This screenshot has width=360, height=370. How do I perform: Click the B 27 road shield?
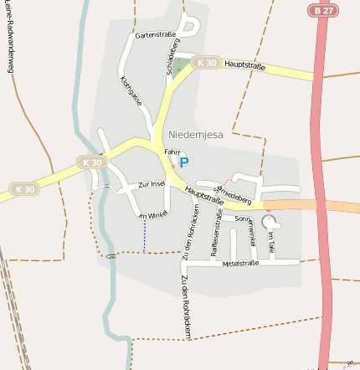pyautogui.click(x=323, y=11)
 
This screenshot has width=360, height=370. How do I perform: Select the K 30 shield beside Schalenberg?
pyautogui.click(x=205, y=63)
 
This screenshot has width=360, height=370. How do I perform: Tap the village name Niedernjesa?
pyautogui.click(x=196, y=134)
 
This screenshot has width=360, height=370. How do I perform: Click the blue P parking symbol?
pyautogui.click(x=184, y=162)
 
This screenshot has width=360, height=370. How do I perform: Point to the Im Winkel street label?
pyautogui.click(x=153, y=215)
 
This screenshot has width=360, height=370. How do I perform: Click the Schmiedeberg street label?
pyautogui.click(x=235, y=194)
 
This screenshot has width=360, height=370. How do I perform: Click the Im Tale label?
pyautogui.click(x=270, y=244)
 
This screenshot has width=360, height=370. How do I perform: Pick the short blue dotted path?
pyautogui.click(x=145, y=236)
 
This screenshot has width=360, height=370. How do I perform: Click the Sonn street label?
pyautogui.click(x=243, y=218)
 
